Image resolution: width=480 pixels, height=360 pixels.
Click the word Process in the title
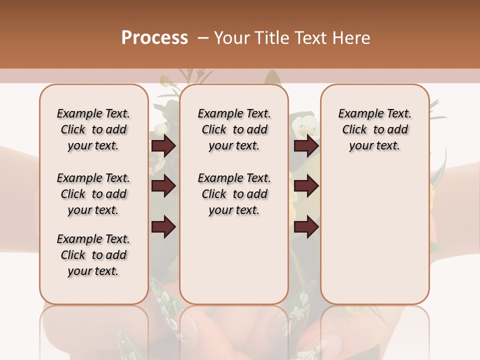point(154,38)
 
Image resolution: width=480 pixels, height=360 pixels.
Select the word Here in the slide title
point(350,38)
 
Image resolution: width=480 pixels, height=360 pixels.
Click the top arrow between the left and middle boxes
point(163,146)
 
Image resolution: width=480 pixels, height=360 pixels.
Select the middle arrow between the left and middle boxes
point(163,186)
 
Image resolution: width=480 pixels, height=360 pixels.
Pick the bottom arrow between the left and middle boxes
point(163,227)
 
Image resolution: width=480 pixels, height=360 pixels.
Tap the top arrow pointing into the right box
point(306,146)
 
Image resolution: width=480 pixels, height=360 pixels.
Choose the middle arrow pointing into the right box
point(306,186)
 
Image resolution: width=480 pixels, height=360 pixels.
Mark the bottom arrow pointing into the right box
point(306,227)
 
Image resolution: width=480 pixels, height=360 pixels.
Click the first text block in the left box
point(93,129)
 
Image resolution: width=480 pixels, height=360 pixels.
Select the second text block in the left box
point(93,194)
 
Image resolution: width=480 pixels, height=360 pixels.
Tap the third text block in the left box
point(93,255)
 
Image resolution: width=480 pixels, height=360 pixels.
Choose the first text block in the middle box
point(234,129)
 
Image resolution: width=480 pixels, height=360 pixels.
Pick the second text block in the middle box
point(234,194)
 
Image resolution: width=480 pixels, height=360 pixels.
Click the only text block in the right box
point(374,129)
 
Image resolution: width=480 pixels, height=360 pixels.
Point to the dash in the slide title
point(203,38)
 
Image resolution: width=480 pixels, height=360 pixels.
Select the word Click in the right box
point(354,130)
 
